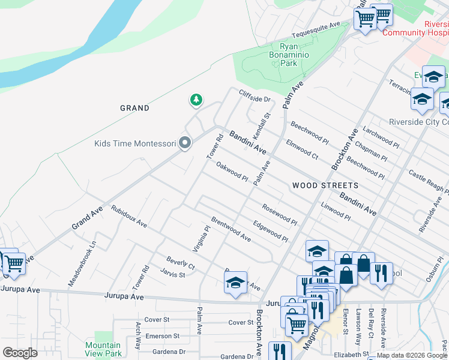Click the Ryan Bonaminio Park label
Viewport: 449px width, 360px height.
[289, 55]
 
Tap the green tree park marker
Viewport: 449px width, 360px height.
[196, 100]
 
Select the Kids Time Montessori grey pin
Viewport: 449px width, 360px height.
[185, 143]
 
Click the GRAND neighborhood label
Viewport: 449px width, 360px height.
[134, 108]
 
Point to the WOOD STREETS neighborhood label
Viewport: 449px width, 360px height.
[325, 185]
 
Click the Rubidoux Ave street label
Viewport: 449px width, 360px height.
[128, 217]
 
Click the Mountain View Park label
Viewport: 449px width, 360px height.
[103, 349]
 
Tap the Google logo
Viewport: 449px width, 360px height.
[20, 353]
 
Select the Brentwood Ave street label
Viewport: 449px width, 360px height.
[231, 229]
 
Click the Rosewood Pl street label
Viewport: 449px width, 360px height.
[279, 214]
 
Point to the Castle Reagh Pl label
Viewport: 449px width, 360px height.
[428, 181]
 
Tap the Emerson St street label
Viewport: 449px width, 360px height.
[162, 337]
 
